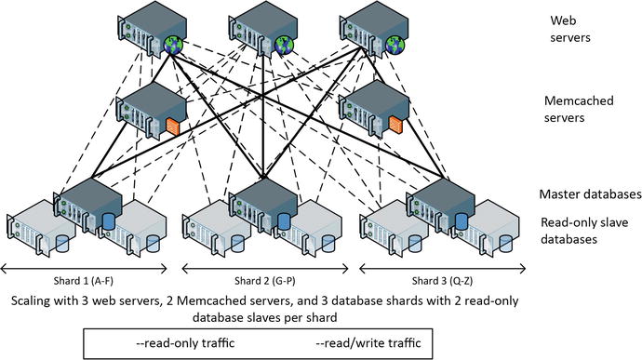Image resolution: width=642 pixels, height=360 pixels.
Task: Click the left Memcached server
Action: click(x=149, y=109)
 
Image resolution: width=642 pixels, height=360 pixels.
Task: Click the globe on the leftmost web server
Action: click(x=174, y=46)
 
